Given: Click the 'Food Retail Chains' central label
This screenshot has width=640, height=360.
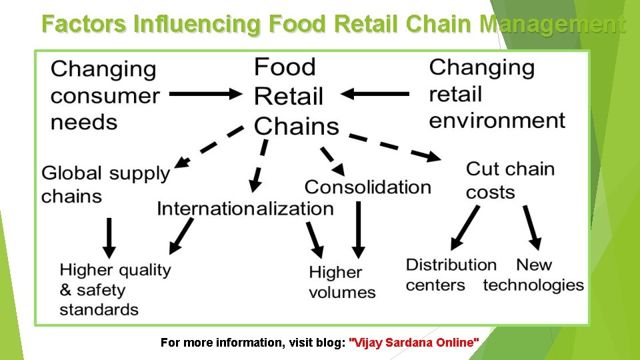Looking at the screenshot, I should point(295,96).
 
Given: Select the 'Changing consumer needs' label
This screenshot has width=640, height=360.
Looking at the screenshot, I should point(105,95).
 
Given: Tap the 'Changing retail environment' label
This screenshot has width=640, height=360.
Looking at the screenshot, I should point(497,94).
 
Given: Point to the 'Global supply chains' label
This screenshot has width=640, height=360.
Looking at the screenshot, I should point(105,185).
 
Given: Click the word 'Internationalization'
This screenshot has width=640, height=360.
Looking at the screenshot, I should point(245,208).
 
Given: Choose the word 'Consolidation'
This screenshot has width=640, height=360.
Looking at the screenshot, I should point(367,187).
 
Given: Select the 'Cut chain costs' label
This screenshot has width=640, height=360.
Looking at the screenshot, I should point(509,180).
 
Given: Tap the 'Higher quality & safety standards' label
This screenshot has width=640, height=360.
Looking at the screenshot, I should point(115,289).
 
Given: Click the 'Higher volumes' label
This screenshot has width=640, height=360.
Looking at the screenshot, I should point(342,282).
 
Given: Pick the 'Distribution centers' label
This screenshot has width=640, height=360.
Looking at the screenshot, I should point(451,275).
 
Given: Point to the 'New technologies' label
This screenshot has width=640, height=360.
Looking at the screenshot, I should point(533,275).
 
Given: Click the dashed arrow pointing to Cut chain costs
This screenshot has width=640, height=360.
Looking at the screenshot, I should point(395,147).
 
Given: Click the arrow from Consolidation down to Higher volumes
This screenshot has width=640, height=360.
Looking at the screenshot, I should point(358,229).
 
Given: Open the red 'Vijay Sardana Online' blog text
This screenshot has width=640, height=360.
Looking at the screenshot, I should point(414,343).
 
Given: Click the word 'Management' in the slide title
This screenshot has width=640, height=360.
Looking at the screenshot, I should point(553,25).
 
